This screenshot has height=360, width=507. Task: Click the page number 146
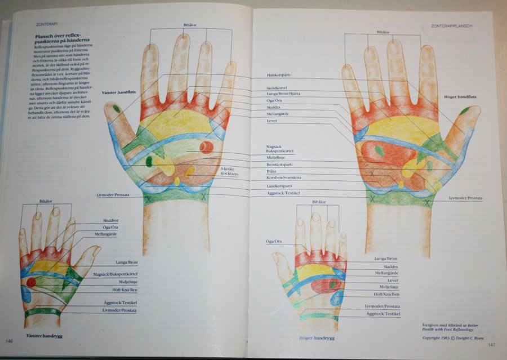point(10,341)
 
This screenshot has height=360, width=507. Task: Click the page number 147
point(491,344)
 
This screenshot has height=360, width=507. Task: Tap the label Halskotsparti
point(280,75)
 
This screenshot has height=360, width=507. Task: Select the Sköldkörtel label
point(277,89)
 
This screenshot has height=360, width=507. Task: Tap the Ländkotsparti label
point(279,186)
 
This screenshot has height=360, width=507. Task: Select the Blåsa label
point(273,171)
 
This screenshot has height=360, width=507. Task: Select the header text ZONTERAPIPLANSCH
point(451,26)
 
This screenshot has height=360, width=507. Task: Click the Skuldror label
point(111,220)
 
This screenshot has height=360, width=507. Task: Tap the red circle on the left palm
point(206,148)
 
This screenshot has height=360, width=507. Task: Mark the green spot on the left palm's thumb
point(116,108)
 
